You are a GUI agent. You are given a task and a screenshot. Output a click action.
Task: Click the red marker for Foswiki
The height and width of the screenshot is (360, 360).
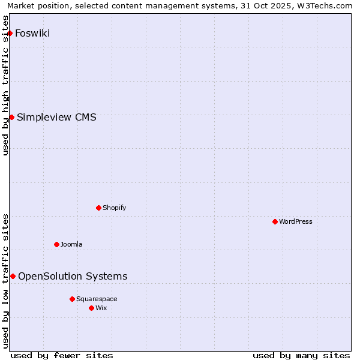click(x=10, y=33)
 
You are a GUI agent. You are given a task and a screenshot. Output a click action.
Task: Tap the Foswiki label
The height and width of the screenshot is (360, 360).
click(x=32, y=33)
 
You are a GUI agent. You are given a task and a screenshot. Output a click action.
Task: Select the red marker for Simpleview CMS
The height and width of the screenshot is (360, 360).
click(x=11, y=117)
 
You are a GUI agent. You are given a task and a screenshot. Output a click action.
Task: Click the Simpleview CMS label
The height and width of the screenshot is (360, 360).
click(x=56, y=117)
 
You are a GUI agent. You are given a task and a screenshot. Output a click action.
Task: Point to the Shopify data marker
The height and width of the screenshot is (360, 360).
click(x=98, y=208)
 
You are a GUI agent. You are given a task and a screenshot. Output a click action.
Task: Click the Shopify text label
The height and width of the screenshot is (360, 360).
click(x=114, y=208)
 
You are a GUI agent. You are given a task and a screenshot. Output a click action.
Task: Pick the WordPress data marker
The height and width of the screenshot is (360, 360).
click(x=275, y=221)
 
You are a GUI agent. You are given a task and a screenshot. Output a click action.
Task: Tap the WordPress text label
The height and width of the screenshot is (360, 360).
click(x=295, y=221)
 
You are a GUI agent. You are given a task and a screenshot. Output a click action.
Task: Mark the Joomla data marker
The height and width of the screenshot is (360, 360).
click(x=56, y=244)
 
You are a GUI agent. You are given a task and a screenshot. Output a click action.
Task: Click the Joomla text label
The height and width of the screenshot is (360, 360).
click(x=71, y=244)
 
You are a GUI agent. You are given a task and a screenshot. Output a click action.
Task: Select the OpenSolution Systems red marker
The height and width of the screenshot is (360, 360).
click(x=13, y=276)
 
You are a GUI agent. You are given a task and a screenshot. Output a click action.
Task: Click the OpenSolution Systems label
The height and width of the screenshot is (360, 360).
click(x=73, y=276)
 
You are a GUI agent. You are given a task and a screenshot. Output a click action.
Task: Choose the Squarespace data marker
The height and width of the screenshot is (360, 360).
click(x=72, y=299)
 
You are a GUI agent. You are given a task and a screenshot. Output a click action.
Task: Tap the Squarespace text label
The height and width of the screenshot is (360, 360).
click(x=97, y=299)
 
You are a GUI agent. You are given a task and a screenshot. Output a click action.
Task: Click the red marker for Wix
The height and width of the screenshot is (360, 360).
click(x=91, y=308)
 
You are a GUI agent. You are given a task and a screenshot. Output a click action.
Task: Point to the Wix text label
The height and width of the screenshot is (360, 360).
click(x=101, y=308)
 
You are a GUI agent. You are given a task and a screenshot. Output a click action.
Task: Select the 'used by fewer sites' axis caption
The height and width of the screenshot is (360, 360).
click(x=62, y=355)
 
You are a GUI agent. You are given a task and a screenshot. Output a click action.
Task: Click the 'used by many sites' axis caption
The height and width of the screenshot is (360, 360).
click(x=301, y=355)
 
